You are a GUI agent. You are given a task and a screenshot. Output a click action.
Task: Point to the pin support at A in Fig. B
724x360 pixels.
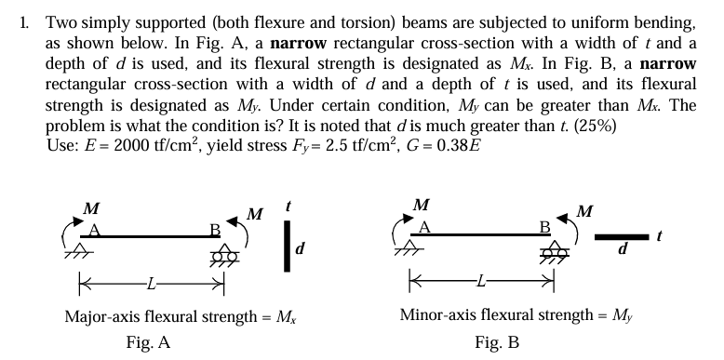pos(424,250)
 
